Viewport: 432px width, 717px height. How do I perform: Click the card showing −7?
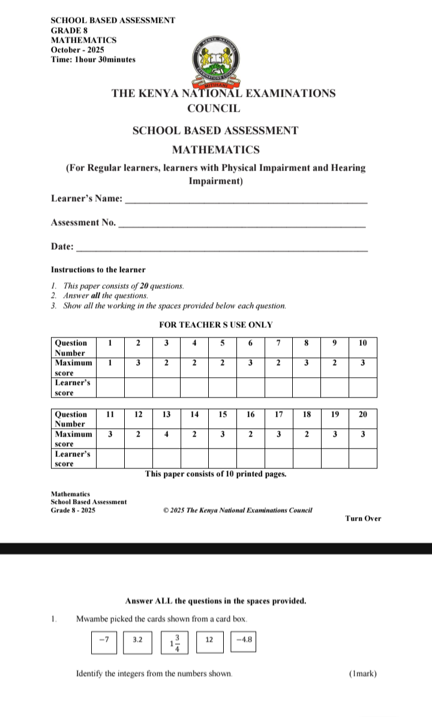point(105,640)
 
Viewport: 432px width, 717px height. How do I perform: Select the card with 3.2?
point(138,640)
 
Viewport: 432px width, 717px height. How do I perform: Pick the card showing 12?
point(209,640)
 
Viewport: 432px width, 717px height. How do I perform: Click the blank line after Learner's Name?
point(246,203)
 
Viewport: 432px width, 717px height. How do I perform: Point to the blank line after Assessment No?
point(242,226)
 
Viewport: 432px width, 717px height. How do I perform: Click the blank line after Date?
point(223,249)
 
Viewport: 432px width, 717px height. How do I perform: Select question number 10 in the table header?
point(362,343)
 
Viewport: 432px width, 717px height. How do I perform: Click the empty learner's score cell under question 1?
point(110,387)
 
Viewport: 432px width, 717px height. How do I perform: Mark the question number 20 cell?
point(362,414)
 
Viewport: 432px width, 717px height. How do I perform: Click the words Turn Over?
point(363,519)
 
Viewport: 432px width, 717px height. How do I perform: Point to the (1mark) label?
point(363,674)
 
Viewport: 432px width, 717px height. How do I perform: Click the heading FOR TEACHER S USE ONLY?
point(216,325)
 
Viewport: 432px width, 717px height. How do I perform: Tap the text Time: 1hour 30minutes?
point(93,59)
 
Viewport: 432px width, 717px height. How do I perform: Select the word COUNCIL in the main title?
point(214,109)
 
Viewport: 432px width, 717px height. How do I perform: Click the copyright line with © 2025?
point(238,510)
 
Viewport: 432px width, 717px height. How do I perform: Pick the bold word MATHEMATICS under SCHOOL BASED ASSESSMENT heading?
point(215,150)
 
